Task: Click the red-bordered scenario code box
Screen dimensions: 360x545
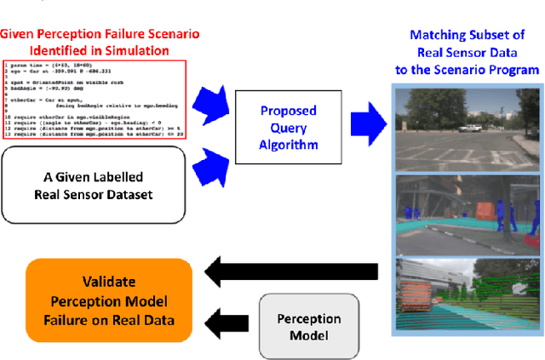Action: point(95,100)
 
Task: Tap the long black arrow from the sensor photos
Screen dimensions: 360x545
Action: point(294,271)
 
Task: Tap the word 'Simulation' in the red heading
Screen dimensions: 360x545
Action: point(137,49)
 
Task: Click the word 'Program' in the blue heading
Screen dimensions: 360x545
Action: point(511,68)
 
